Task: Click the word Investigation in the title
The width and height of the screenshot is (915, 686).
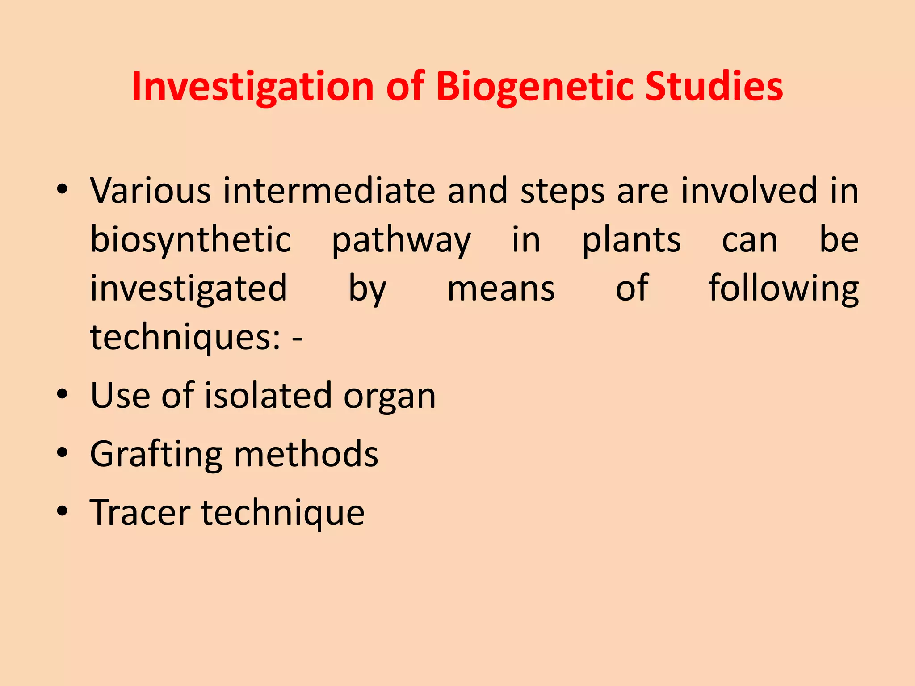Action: [253, 87]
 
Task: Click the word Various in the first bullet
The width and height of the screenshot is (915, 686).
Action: [150, 191]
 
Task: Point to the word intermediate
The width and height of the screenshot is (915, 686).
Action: [329, 191]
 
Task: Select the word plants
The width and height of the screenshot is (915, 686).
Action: [631, 240]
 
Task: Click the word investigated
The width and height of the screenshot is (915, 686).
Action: [189, 289]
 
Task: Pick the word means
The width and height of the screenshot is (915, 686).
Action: [501, 289]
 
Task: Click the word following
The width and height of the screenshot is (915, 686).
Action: [784, 289]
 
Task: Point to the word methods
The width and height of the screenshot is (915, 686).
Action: [306, 454]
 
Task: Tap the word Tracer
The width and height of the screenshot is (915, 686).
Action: [140, 512]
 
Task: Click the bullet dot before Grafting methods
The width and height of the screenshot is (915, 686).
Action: [62, 452]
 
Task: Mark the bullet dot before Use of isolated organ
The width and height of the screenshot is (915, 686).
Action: [62, 394]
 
